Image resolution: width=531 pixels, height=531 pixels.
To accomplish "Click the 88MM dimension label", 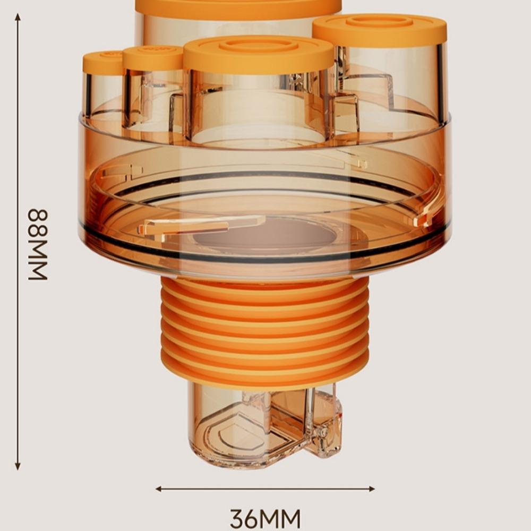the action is click(x=38, y=244).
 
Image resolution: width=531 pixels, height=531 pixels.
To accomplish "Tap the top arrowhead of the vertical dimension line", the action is click(x=18, y=17).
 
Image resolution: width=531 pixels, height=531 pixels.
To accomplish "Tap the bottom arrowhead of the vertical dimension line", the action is click(x=18, y=466).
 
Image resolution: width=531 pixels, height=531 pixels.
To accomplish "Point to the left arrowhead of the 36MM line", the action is click(x=159, y=489).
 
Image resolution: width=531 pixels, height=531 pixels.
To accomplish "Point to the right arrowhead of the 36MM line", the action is click(x=371, y=489).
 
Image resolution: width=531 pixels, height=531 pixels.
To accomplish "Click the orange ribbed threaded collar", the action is click(x=265, y=332).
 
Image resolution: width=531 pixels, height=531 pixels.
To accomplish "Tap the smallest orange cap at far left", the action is click(x=103, y=62).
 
